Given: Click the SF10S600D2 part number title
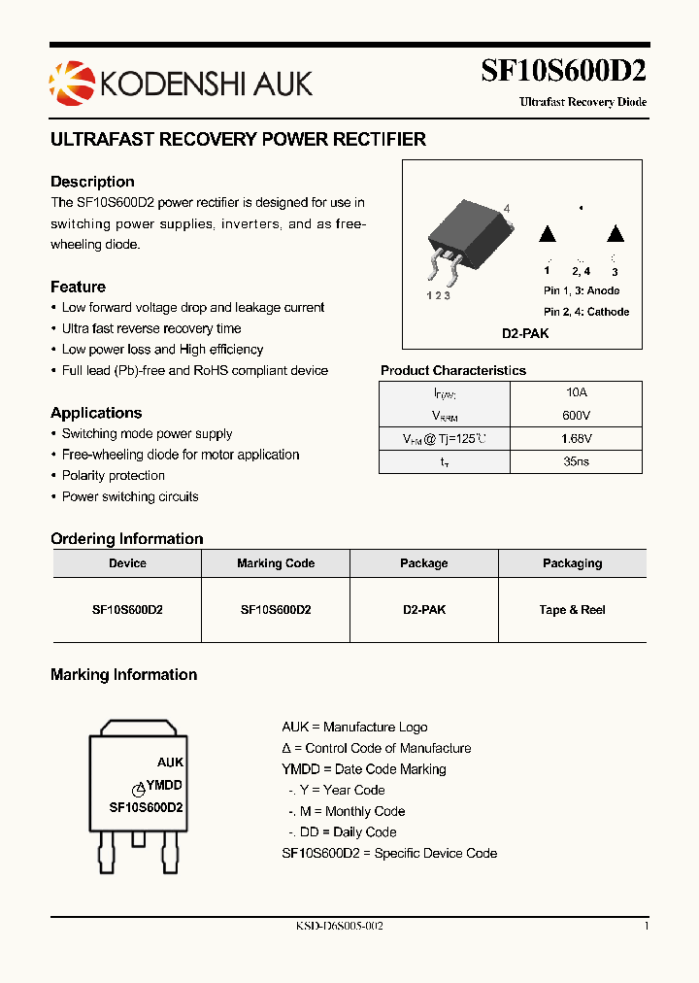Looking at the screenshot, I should [x=563, y=72].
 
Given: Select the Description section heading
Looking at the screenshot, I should [x=92, y=182].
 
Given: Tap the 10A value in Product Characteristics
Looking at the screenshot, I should [x=576, y=392].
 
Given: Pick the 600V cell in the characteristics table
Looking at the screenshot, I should [x=576, y=416].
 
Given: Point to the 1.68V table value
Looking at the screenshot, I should [x=576, y=439].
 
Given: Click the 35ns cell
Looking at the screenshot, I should [x=576, y=462].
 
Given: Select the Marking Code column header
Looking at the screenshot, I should [x=276, y=563].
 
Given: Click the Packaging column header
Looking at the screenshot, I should [x=572, y=563].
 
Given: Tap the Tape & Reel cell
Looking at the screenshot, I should [x=572, y=610].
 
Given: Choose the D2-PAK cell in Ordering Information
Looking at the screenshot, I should [x=424, y=610].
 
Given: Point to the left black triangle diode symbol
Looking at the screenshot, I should [x=547, y=234].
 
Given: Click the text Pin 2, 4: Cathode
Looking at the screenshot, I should [x=586, y=312].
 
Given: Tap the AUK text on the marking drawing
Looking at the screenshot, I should [x=170, y=763].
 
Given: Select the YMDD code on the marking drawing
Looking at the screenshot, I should [x=163, y=785].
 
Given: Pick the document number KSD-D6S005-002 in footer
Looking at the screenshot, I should [x=339, y=927].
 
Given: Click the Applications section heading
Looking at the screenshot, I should [x=96, y=413].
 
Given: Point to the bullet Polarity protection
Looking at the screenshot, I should [x=113, y=476].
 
